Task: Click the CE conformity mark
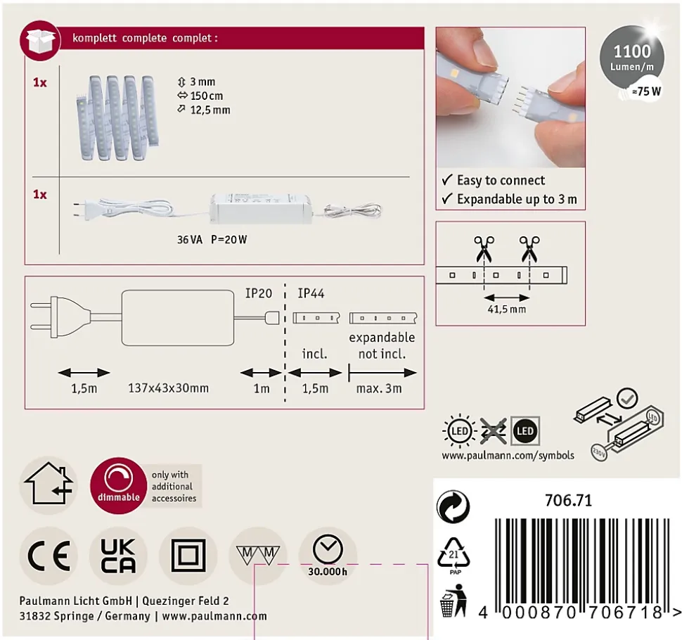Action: [x=49, y=556]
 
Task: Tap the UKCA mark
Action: [x=118, y=556]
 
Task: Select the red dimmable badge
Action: [x=118, y=485]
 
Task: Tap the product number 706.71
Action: [x=569, y=500]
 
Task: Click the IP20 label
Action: [x=258, y=293]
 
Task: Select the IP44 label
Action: [x=311, y=293]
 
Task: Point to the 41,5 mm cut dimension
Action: [x=506, y=309]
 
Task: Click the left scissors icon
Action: [x=484, y=249]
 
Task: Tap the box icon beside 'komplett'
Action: [x=41, y=41]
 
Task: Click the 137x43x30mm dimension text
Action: [x=168, y=388]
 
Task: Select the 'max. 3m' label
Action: [x=379, y=388]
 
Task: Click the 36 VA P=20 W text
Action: [x=212, y=240]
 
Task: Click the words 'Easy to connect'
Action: [x=501, y=180]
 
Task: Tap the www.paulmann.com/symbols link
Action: [x=508, y=456]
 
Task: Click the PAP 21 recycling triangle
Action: [x=453, y=556]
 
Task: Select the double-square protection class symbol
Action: [x=188, y=556]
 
